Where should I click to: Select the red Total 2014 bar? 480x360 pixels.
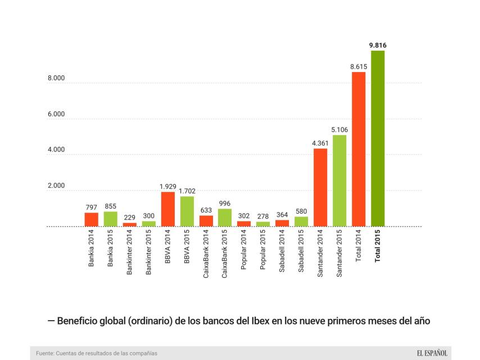click(x=359, y=149)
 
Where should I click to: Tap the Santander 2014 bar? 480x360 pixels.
click(x=320, y=187)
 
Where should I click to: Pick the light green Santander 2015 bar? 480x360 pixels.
click(x=339, y=180)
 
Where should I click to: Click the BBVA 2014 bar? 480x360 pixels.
click(x=167, y=209)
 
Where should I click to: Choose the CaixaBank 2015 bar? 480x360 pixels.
click(x=225, y=217)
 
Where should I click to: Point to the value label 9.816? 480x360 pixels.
click(x=378, y=45)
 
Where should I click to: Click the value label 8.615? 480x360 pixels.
click(x=359, y=66)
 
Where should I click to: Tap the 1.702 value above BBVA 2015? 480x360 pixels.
click(x=187, y=191)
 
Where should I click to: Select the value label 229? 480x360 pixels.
click(x=129, y=217)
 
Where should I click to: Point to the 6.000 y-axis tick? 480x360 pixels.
click(x=56, y=114)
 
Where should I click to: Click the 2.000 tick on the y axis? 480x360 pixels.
click(x=56, y=186)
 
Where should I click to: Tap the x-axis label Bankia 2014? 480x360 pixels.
click(x=92, y=249)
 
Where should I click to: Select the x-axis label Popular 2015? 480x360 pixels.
click(x=263, y=250)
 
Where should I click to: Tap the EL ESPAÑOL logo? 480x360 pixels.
click(x=432, y=353)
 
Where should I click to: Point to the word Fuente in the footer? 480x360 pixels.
click(x=46, y=353)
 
